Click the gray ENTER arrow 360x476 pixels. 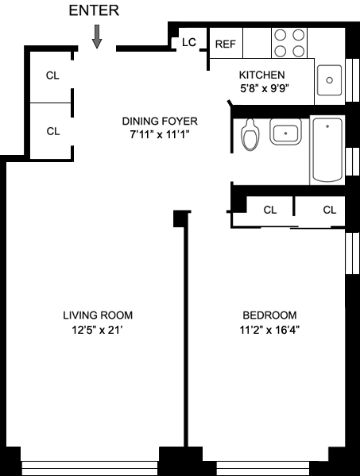pos(97,37)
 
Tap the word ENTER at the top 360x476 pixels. pos(94,10)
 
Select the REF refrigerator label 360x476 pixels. pos(225,44)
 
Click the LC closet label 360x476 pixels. pos(189,42)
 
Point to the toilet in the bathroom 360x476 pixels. pos(250,134)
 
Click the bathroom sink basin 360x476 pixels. pos(285,132)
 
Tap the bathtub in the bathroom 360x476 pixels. pos(327,150)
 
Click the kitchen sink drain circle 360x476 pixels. pos(329,80)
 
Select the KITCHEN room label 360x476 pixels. pos(261,75)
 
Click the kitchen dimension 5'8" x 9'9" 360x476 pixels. pos(264,89)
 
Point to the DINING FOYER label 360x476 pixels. pos(160,121)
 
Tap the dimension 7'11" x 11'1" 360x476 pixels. pos(160,134)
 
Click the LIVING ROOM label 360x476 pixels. pos(98,315)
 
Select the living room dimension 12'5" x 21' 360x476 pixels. pos(97,329)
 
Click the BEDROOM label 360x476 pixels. pos(269,315)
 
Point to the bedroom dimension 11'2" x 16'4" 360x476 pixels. pos(269,329)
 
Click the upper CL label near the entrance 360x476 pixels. pos(52,75)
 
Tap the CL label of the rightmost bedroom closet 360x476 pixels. pos(330,210)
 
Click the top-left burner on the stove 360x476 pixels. pos(281,35)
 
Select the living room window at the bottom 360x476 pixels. pos(90,468)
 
